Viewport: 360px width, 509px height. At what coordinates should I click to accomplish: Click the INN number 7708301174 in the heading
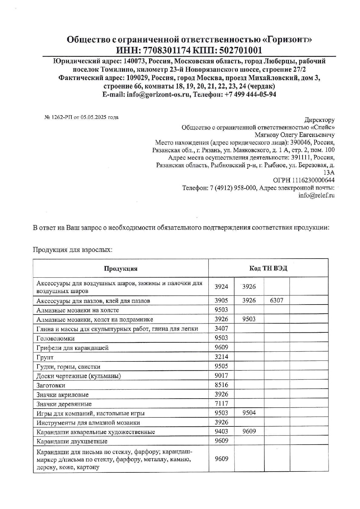tap(162, 50)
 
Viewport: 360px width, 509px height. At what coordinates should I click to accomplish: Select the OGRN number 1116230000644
tap(313, 180)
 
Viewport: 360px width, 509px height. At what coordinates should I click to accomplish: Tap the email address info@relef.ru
tap(316, 195)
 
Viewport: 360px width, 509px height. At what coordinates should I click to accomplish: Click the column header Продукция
tap(121, 269)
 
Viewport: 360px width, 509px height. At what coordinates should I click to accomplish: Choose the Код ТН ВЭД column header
tap(268, 268)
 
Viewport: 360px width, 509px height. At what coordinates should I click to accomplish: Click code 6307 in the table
tap(277, 300)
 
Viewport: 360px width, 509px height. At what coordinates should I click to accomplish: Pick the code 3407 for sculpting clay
tap(221, 328)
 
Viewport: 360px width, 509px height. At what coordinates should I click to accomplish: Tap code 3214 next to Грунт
tap(221, 357)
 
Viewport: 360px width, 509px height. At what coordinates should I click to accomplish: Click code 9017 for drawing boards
tap(221, 376)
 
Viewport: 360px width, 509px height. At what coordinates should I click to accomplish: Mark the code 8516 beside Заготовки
tap(221, 385)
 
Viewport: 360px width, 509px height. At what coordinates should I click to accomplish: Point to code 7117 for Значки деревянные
tap(221, 403)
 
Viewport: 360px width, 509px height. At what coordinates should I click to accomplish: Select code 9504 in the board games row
tap(249, 413)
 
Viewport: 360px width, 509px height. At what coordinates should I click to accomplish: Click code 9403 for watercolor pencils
tap(221, 432)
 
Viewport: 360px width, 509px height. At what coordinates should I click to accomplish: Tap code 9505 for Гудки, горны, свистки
tap(221, 366)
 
